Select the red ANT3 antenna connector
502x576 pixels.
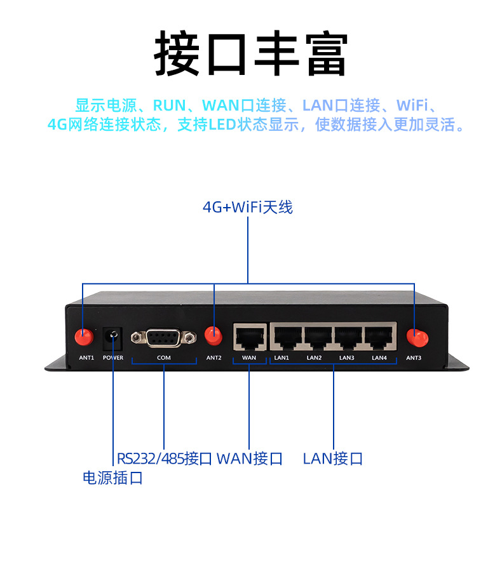click(415, 336)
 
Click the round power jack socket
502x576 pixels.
click(113, 335)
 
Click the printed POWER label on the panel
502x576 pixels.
click(113, 358)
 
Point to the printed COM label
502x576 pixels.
click(164, 358)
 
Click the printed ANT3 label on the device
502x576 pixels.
click(414, 358)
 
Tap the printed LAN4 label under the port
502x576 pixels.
click(379, 358)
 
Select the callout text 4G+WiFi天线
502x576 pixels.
click(248, 208)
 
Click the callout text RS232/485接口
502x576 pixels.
click(164, 459)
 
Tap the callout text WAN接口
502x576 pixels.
click(250, 459)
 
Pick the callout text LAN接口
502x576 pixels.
click(333, 459)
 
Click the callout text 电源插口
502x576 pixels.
click(113, 478)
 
